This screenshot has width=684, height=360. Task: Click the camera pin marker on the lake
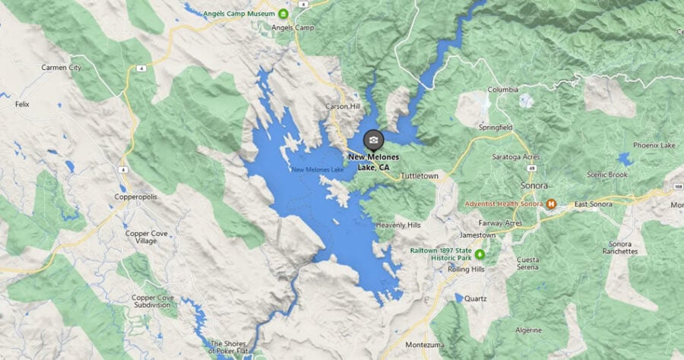coord(373,140)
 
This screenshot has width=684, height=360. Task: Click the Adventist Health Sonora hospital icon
coord(552,204)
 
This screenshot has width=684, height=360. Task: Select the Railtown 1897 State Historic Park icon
coord(480,252)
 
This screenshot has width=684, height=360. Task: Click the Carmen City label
coord(62,68)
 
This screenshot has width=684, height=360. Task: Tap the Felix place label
coord(22,104)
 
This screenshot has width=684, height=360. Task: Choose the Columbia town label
coord(502,89)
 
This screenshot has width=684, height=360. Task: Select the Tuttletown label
coord(420,175)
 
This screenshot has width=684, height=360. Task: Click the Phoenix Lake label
coord(654,145)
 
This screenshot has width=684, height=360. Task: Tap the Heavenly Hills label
coord(397,225)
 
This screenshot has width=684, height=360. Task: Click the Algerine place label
coord(529,330)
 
